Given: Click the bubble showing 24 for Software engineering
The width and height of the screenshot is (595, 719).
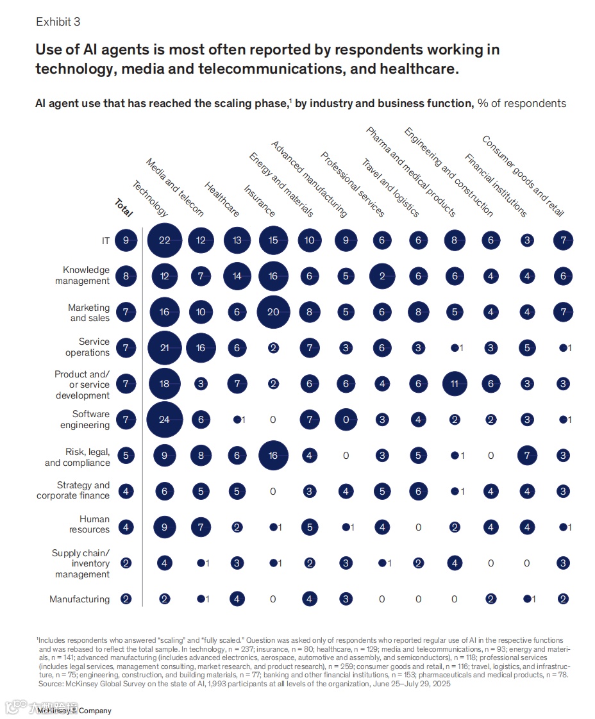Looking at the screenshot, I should tap(165, 420).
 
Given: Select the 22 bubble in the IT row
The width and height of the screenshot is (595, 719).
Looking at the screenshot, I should tap(165, 240).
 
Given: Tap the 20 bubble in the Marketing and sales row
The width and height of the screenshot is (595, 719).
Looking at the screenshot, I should tap(274, 312).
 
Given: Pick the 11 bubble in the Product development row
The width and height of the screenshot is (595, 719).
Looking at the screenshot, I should tap(455, 384).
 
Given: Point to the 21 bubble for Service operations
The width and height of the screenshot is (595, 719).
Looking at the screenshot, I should tap(165, 348).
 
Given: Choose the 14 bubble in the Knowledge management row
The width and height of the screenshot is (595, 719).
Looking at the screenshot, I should tap(237, 276).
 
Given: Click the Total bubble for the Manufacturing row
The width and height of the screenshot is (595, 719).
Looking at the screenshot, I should tap(126, 599).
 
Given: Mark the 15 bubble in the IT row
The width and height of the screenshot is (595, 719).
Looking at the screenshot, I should tap(274, 240).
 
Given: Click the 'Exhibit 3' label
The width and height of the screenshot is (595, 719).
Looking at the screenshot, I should tap(58, 22).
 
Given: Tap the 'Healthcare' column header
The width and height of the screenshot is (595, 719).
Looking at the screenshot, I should tap(222, 199).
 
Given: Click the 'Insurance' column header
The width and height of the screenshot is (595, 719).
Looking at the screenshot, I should tap(259, 201).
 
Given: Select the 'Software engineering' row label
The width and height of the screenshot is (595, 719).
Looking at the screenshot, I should tap(85, 420).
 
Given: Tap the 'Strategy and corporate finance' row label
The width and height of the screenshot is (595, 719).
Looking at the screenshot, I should tap(73, 490).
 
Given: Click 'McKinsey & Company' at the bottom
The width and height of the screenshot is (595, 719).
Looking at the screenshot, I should tap(74, 711).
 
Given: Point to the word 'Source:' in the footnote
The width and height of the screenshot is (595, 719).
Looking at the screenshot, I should tap(51, 684).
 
